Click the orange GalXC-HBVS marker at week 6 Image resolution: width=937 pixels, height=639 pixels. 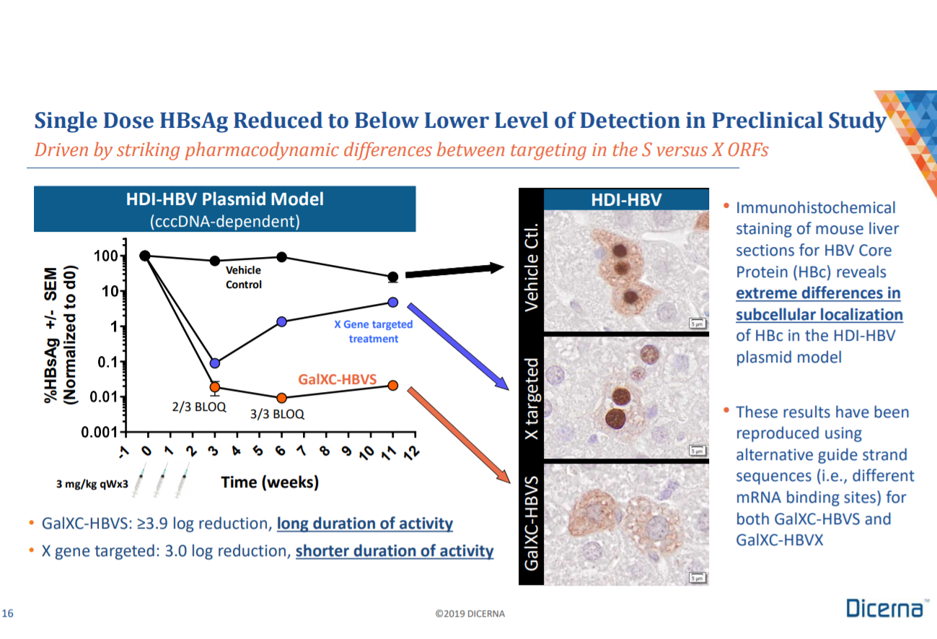click(281, 398)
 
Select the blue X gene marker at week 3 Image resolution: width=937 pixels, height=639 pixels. click(214, 363)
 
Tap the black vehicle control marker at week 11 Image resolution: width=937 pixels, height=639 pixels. click(392, 277)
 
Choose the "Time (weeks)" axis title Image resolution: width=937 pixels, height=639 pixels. click(269, 482)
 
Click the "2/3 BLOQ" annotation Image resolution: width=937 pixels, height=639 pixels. click(199, 407)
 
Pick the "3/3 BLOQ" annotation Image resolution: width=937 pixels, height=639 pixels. click(277, 414)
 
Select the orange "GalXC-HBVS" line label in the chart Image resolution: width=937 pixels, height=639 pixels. click(338, 379)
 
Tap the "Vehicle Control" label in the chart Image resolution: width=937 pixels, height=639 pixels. click(244, 277)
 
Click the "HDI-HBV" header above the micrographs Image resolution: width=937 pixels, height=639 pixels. click(625, 199)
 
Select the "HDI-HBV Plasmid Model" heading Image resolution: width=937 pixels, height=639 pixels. click(225, 199)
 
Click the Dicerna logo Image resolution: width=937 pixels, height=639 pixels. click(885, 609)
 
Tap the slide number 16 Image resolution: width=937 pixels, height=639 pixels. click(8, 614)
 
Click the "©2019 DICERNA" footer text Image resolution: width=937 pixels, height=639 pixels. click(470, 614)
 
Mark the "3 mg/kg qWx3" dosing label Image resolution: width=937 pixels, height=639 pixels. click(92, 484)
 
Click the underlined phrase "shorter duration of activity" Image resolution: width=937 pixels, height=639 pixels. click(395, 551)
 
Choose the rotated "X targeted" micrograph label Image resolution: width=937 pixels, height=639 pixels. click(532, 397)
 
